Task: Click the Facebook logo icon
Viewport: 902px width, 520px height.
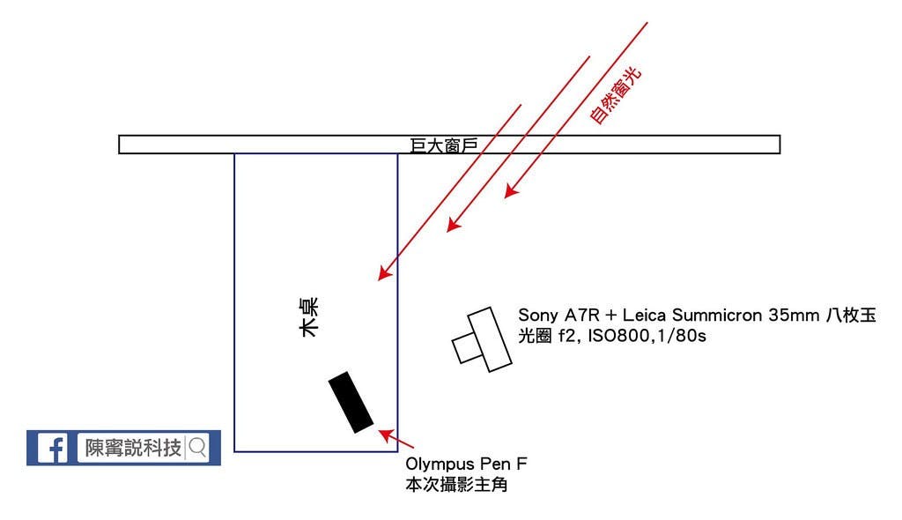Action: click(52, 448)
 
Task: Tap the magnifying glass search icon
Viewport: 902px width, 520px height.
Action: click(197, 448)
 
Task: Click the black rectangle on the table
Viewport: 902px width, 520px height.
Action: click(351, 403)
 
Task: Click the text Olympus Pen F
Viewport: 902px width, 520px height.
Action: click(466, 464)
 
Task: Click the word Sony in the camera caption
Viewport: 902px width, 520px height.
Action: click(537, 315)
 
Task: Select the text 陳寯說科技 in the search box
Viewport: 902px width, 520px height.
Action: click(133, 448)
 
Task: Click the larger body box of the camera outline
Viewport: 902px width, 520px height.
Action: click(491, 338)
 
